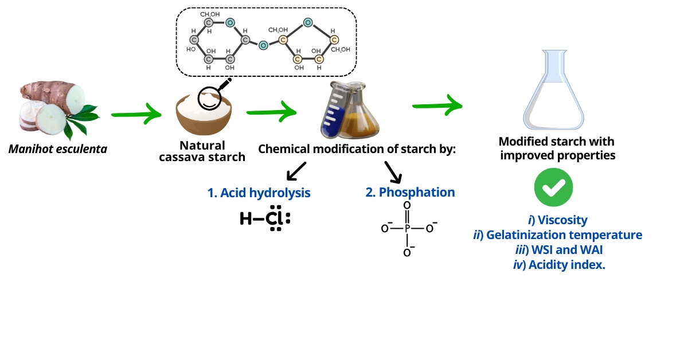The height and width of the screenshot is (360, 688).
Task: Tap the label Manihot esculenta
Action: click(x=57, y=150)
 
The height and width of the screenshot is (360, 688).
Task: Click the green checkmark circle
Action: click(x=554, y=187)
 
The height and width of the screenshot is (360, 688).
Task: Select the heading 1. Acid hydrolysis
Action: click(x=259, y=193)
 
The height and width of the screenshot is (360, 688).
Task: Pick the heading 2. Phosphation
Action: click(x=411, y=193)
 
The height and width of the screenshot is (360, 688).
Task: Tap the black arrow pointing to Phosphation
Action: click(x=392, y=170)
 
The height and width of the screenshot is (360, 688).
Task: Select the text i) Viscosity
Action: click(x=557, y=220)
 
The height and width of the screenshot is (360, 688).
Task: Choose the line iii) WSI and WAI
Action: click(x=558, y=250)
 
